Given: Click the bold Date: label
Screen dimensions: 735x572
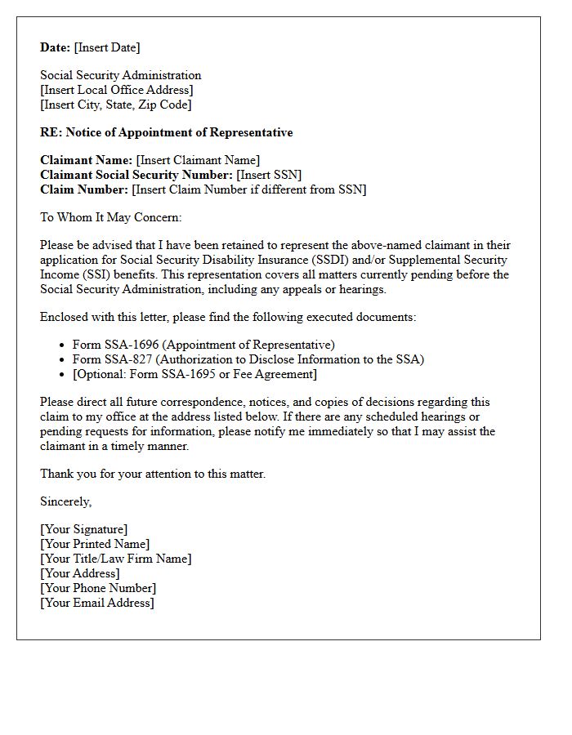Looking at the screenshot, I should tap(56, 47).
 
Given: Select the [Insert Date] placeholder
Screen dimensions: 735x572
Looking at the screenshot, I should tap(107, 47).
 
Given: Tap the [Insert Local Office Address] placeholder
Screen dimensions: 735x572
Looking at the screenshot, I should tap(117, 90).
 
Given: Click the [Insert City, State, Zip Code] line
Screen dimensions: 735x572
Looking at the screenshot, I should tap(116, 105).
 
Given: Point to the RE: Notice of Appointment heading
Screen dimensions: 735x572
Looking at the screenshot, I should tap(166, 132).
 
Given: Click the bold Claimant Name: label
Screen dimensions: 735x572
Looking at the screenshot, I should tap(86, 160).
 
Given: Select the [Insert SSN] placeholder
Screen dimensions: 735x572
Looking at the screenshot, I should tap(269, 175).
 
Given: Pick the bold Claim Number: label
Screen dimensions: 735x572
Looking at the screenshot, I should tap(84, 189).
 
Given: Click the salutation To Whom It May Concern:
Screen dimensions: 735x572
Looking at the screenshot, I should tap(110, 217).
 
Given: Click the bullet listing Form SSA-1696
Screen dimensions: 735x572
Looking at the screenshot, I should tap(203, 345).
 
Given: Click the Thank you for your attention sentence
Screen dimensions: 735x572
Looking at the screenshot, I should tap(153, 474).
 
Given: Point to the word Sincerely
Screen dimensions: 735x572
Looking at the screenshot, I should tap(65, 501).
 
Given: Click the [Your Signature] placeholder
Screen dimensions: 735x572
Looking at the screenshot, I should tap(83, 529).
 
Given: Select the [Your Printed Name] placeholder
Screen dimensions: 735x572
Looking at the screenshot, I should tap(95, 544).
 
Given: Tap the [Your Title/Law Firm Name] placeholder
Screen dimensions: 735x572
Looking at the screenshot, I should tap(115, 559).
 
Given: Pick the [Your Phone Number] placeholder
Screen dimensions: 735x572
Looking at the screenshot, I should tap(98, 588).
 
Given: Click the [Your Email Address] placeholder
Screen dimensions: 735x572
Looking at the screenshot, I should tap(97, 603).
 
